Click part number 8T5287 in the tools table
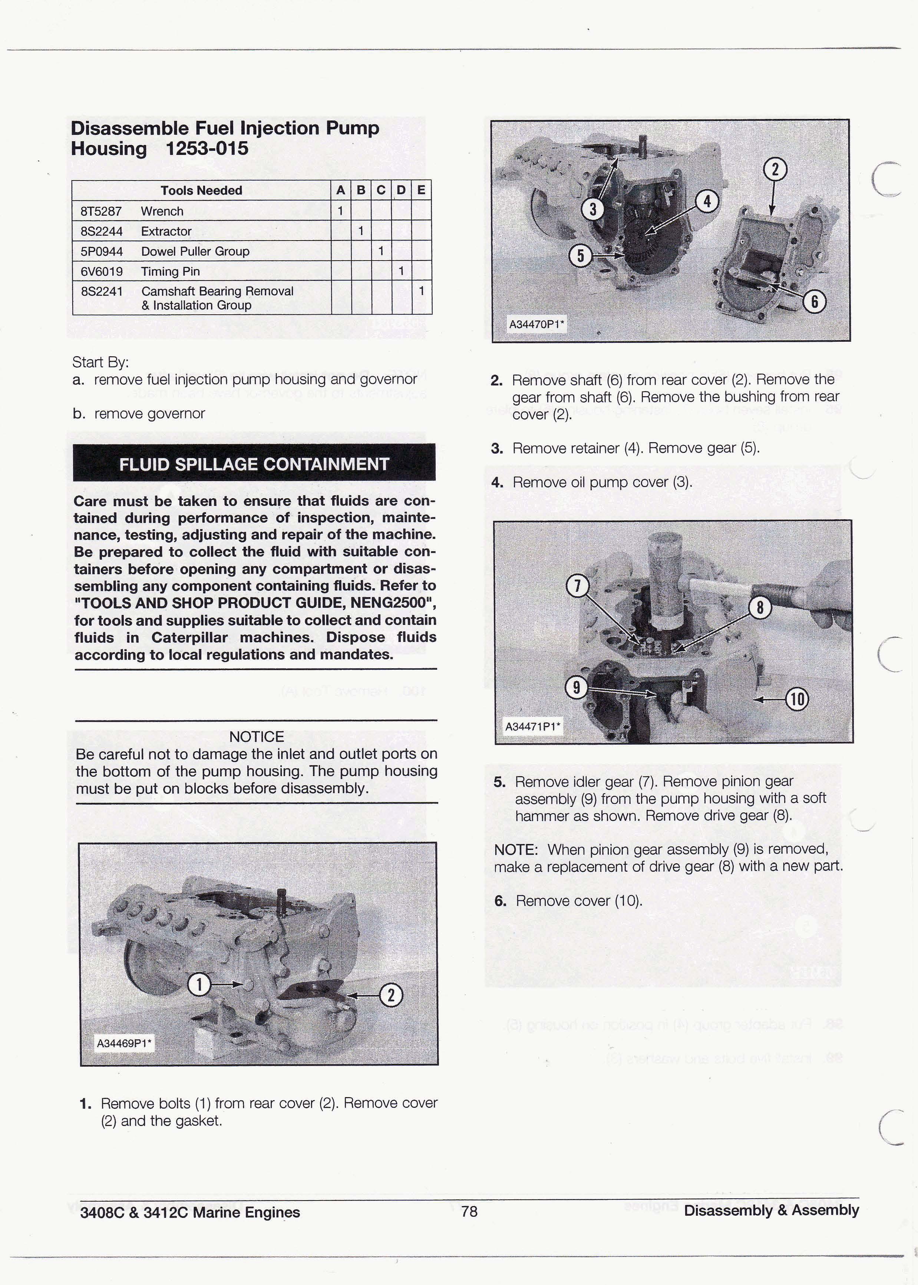(x=101, y=211)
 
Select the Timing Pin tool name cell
(x=170, y=271)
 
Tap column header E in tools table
(x=421, y=191)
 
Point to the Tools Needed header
(x=201, y=191)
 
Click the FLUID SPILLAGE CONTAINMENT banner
(x=254, y=464)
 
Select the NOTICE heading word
(x=256, y=737)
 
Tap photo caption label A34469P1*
(x=124, y=1043)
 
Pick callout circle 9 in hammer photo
(x=576, y=687)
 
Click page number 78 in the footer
(x=469, y=1211)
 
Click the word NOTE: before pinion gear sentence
(x=515, y=850)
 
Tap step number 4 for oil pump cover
(x=497, y=483)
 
